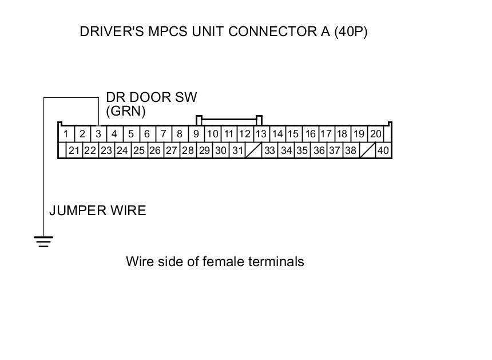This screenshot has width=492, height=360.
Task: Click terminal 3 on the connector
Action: click(98, 134)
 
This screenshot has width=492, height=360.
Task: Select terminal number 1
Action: click(66, 134)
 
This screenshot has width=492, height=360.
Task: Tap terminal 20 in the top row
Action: click(375, 134)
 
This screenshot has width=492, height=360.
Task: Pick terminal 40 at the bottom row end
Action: click(383, 151)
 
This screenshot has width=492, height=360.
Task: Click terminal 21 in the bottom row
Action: click(74, 151)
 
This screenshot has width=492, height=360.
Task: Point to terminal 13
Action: click(261, 134)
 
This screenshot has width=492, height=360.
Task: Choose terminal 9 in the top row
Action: click(196, 134)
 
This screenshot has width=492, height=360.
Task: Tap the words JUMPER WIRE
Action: click(97, 211)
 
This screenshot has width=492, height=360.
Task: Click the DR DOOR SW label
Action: click(152, 97)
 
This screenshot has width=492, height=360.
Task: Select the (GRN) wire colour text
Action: click(126, 110)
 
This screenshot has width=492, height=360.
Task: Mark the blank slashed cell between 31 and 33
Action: click(254, 151)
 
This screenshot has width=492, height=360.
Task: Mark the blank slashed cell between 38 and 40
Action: click(367, 151)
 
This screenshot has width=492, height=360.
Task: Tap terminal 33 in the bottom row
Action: click(270, 151)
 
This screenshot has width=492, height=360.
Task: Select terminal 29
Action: click(205, 151)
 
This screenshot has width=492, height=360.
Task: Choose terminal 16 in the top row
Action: click(310, 134)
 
